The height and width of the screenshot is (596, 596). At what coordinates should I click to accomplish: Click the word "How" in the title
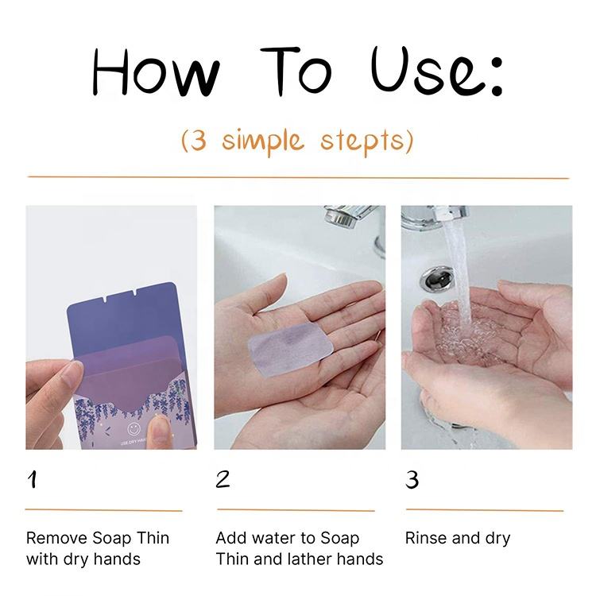156,72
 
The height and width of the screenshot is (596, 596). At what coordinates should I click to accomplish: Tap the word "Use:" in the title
437,72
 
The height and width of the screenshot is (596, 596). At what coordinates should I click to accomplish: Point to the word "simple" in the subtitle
263,141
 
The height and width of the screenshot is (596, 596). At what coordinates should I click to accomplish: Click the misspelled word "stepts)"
366,141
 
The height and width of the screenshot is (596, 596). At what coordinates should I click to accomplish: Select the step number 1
33,480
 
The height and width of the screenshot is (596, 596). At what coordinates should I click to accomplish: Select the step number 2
223,479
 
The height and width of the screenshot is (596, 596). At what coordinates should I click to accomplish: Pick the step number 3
412,480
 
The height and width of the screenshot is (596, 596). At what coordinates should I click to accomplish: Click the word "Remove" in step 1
56,538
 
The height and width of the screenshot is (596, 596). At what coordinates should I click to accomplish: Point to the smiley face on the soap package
134,429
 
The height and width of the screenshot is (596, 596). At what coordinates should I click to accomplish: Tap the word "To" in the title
297,72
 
